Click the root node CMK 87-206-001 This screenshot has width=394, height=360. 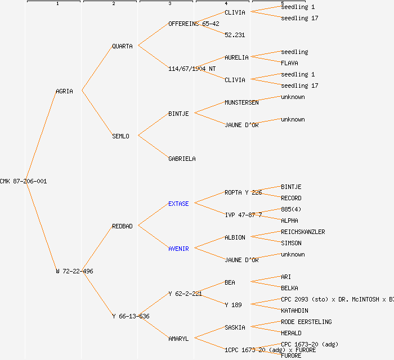(23, 181)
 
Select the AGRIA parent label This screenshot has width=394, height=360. (64, 91)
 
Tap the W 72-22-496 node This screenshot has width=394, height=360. (74, 271)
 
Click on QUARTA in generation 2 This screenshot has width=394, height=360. (122, 46)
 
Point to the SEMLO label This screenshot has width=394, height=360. (120, 136)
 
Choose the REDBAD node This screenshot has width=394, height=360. (122, 226)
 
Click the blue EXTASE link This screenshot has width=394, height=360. (178, 204)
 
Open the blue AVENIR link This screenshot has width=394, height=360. (178, 249)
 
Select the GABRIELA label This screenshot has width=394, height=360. (182, 159)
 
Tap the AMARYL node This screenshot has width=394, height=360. (178, 339)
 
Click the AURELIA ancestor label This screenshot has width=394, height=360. (236, 57)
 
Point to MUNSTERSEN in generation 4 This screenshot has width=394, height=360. (241, 102)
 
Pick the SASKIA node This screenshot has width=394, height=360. (235, 327)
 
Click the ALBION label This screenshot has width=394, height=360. (235, 237)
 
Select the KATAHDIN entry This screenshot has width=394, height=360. (294, 310)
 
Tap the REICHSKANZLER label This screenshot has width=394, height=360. (303, 232)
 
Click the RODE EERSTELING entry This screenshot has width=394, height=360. (306, 322)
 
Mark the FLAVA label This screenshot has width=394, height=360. (289, 63)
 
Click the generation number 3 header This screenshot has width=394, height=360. (169, 4)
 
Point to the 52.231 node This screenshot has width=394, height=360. (235, 35)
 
